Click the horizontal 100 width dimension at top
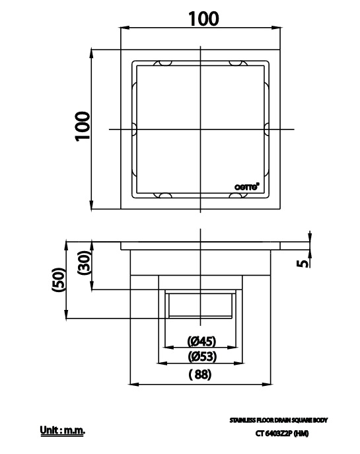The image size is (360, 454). coord(203,19)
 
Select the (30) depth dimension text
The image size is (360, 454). coord(84,266)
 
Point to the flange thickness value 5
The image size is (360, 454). coord(303,262)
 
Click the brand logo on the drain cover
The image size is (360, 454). coord(247,186)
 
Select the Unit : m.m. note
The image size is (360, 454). coord(63,432)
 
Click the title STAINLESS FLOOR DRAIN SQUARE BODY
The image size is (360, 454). coord(278,420)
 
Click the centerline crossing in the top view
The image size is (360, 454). coord(201,130)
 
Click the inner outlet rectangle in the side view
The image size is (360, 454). coord(201,304)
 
